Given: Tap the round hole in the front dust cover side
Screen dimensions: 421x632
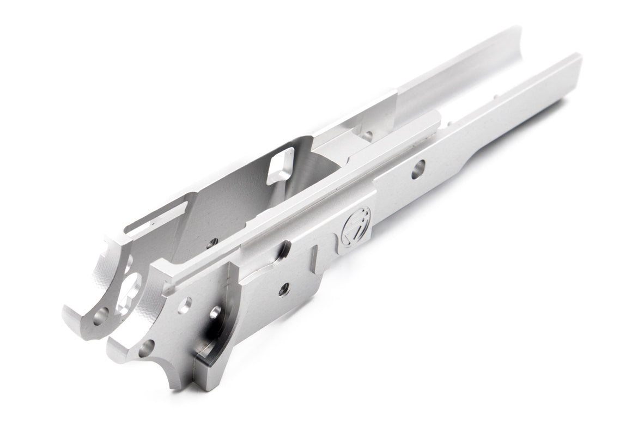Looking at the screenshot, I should tap(418, 169).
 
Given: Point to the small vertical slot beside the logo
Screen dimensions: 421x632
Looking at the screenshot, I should tap(314, 256).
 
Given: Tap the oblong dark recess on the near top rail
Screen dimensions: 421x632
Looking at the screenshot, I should tap(283, 251).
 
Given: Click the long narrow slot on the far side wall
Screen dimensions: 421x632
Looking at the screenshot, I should tap(158, 215).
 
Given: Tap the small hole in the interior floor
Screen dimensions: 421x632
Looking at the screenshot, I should tap(212, 242).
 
